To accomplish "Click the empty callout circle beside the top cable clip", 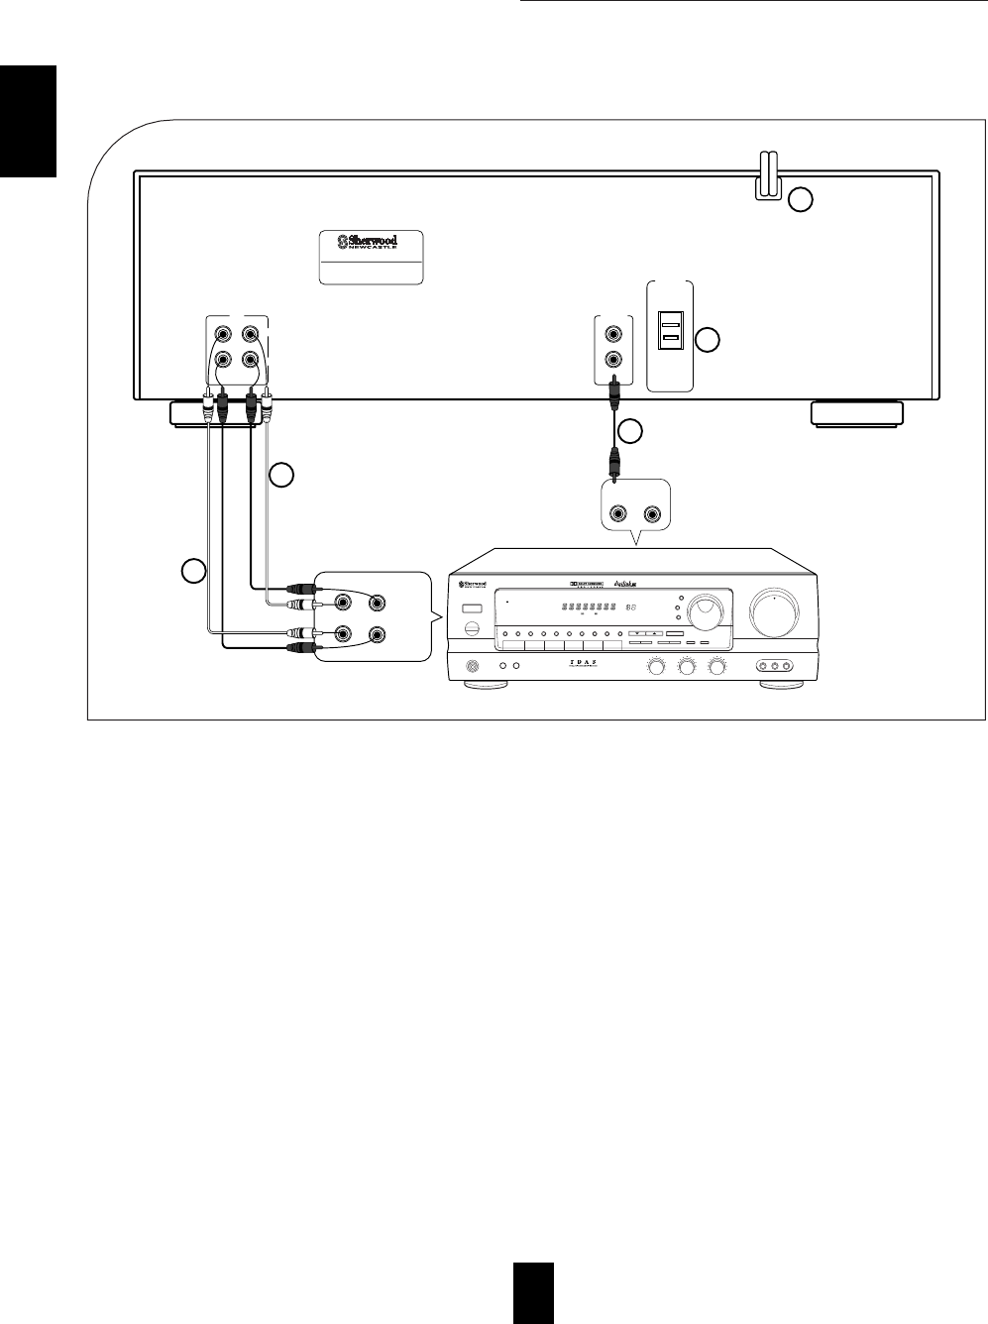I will point(801,200).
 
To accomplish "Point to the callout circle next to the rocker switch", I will point(707,341).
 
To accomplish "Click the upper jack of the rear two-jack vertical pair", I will point(614,331).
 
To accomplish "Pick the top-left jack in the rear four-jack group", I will point(224,333).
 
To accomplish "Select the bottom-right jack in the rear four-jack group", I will point(252,360).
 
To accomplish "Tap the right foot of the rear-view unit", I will point(855,413).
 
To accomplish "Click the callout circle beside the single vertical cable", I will point(630,431).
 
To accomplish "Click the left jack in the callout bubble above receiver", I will point(619,514).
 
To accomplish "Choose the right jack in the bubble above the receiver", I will point(652,514).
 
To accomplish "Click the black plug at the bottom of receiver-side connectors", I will point(299,648).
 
